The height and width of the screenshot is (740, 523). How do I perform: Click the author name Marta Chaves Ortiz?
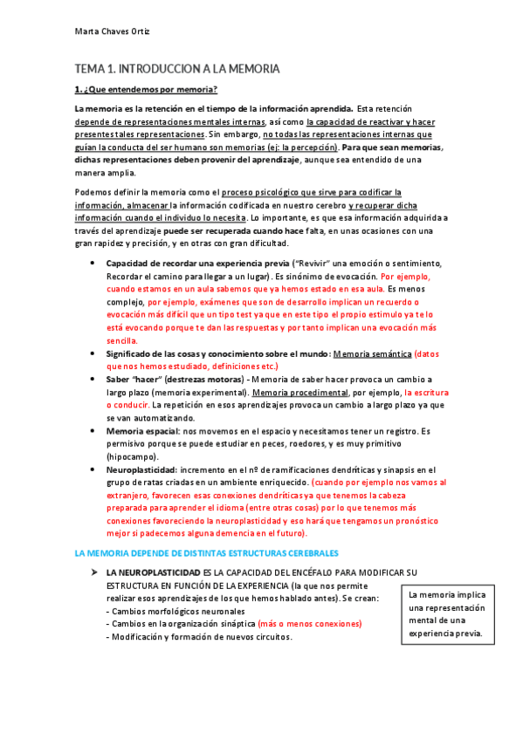click(x=111, y=32)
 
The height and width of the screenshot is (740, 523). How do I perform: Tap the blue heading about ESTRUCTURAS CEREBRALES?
click(x=206, y=553)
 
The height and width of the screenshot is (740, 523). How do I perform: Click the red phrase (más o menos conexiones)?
click(x=309, y=624)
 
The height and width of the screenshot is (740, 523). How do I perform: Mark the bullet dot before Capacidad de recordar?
click(x=93, y=264)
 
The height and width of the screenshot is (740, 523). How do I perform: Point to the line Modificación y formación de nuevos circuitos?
click(x=199, y=637)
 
